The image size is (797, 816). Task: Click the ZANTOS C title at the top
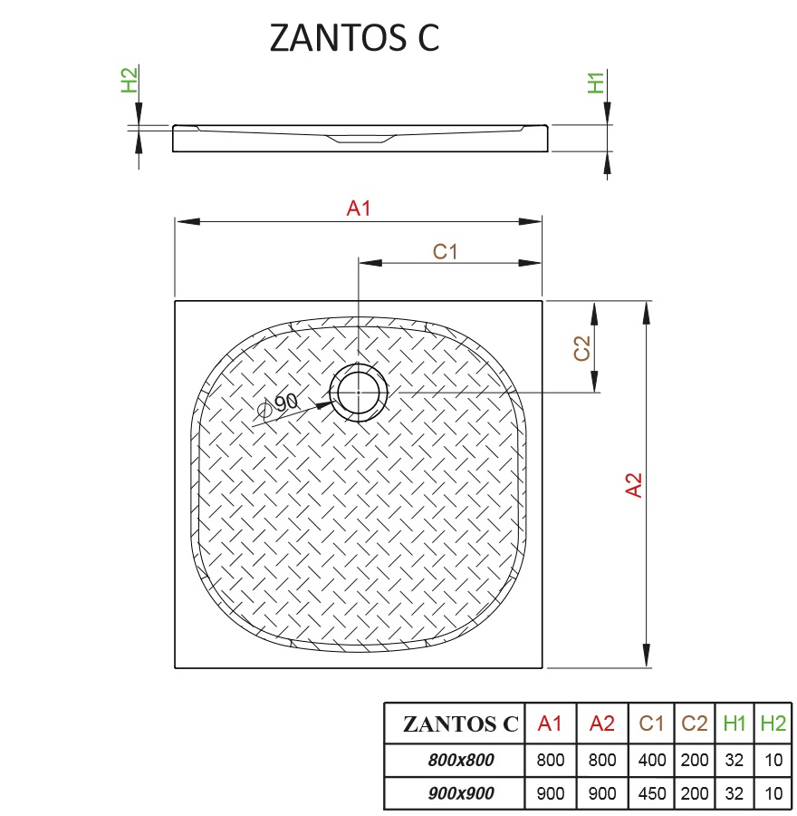point(355,38)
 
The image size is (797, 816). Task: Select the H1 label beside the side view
point(596,81)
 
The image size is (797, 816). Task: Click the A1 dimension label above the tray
point(360,209)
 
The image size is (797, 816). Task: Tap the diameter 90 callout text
point(281,405)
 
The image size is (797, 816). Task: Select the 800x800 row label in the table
point(460,760)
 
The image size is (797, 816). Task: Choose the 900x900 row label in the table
point(460,793)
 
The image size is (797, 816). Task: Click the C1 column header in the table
point(651,724)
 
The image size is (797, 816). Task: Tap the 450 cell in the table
point(651,793)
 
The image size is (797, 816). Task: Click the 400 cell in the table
point(651,760)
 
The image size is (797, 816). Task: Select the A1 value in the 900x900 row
point(550,793)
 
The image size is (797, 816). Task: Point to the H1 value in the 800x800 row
point(735,760)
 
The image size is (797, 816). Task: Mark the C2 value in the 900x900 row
point(695,793)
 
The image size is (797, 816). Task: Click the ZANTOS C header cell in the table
point(460,724)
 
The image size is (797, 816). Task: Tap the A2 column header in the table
point(601,724)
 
